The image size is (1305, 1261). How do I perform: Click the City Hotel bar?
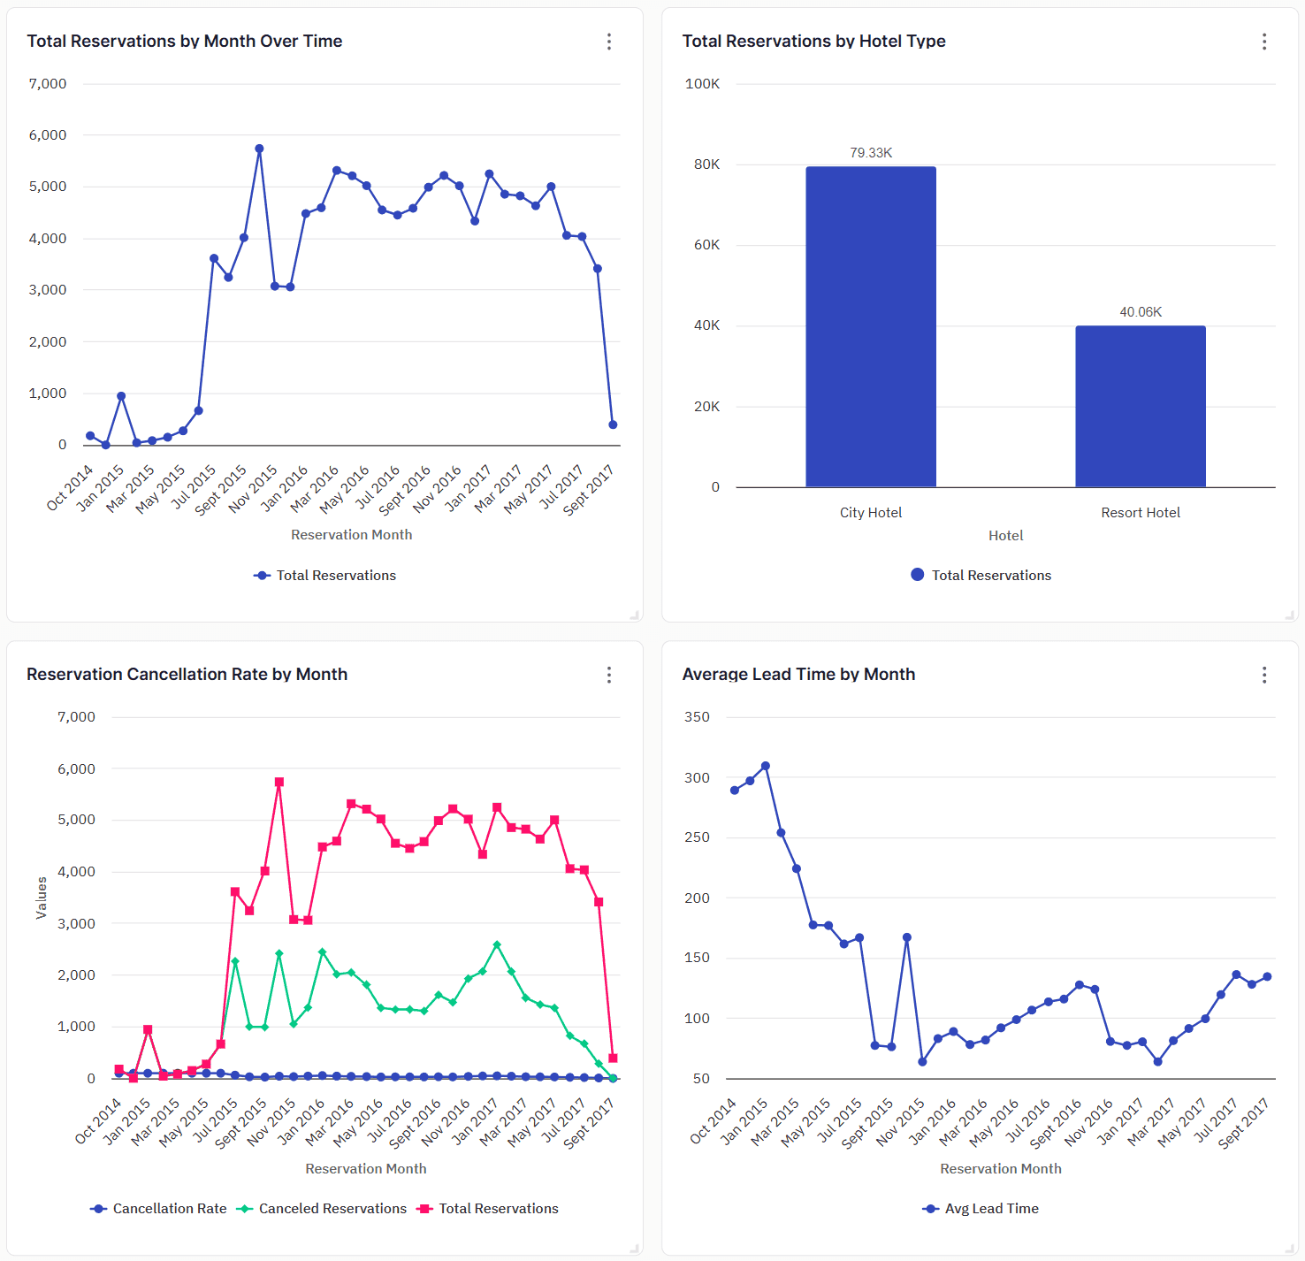[x=870, y=326]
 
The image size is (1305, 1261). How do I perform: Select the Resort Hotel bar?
[x=1140, y=406]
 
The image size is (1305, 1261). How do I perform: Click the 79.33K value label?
[x=870, y=153]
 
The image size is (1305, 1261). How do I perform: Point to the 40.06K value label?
[x=1140, y=312]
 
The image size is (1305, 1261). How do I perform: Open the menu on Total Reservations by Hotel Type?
[x=1263, y=42]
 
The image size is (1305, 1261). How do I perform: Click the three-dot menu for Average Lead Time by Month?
[x=1263, y=675]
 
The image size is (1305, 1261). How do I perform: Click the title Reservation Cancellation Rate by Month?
[x=187, y=674]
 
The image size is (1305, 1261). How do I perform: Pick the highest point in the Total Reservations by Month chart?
[x=259, y=149]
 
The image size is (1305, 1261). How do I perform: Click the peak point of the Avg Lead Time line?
[x=765, y=766]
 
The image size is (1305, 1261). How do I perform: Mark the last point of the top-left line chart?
[x=613, y=424]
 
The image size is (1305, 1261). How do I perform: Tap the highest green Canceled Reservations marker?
[x=497, y=944]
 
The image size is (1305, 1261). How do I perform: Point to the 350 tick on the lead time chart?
[x=697, y=717]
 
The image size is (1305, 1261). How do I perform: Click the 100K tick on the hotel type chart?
[x=702, y=84]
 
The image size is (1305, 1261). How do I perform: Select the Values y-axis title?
[x=41, y=898]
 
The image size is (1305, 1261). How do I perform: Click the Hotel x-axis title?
[x=1005, y=536]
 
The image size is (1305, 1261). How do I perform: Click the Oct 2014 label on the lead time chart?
[x=714, y=1120]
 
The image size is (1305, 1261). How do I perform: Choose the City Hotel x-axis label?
[x=870, y=513]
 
